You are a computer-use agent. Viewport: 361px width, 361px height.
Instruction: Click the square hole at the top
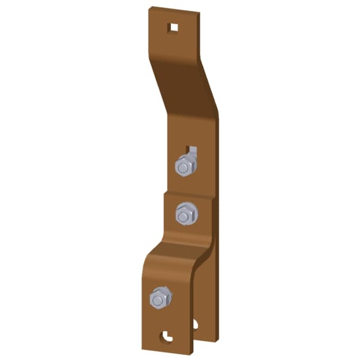point(173,27)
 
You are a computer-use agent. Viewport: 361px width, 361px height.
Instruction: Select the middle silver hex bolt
point(186,214)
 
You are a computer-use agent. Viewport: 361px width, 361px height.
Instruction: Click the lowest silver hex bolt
point(160,297)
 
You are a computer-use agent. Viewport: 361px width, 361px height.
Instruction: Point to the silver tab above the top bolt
point(192,149)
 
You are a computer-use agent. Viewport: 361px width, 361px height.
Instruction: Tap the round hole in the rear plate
point(195,325)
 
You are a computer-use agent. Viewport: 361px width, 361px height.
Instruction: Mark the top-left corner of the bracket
point(150,8)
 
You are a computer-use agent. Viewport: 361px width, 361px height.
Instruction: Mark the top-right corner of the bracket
point(199,14)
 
